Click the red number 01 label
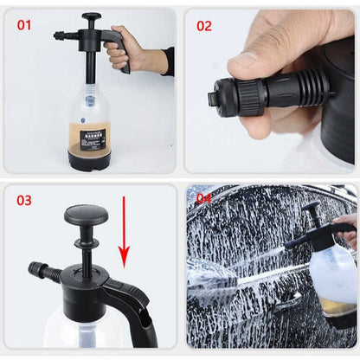click(23, 25)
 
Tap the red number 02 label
click(203, 26)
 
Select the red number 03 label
click(23, 200)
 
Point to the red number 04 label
click(202, 198)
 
